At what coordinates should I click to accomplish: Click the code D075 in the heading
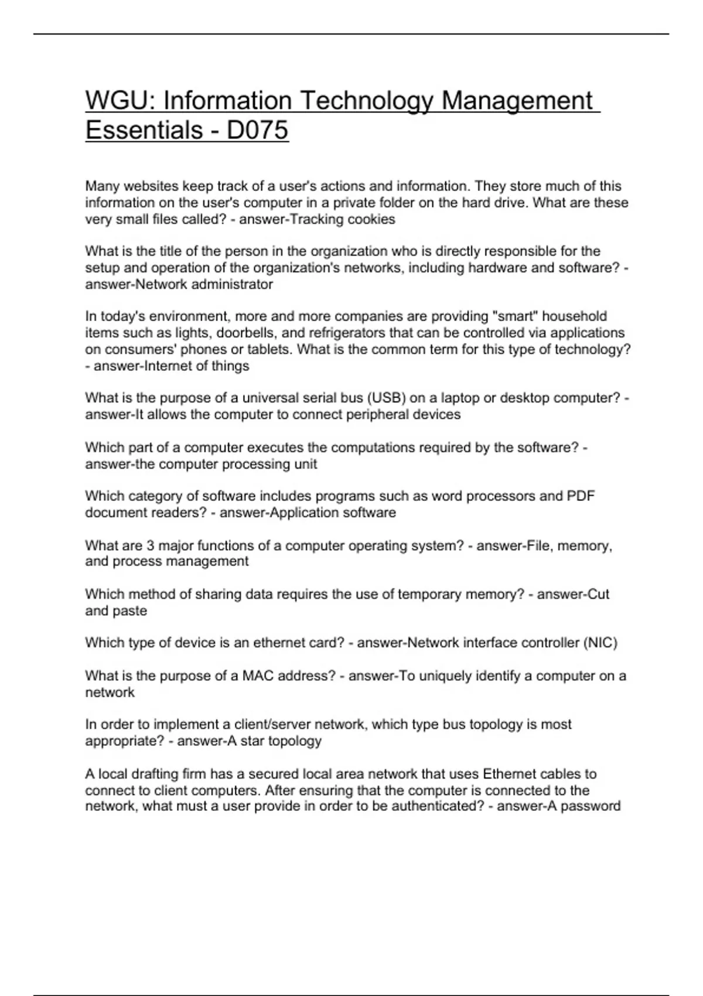pyautogui.click(x=257, y=130)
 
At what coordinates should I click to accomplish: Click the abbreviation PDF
pyautogui.click(x=581, y=496)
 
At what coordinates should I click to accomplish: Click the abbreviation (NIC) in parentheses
pyautogui.click(x=600, y=643)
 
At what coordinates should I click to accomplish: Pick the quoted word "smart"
pyautogui.click(x=514, y=317)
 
